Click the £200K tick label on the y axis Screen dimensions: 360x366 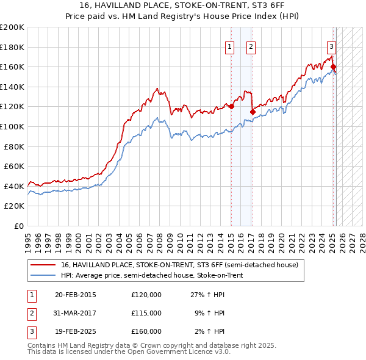click(12, 27)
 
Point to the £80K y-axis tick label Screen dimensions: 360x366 click(14, 146)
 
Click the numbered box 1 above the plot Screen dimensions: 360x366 click(229, 46)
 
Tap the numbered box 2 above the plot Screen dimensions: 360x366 click(251, 46)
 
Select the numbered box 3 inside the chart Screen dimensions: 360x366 click(331, 46)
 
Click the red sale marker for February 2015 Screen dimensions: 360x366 click(232, 107)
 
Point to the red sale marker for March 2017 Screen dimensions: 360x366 click(253, 112)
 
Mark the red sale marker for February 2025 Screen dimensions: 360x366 click(333, 67)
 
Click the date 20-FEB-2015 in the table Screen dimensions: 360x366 click(76, 295)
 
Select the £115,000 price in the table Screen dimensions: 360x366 click(146, 313)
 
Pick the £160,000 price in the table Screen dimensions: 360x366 click(146, 331)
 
